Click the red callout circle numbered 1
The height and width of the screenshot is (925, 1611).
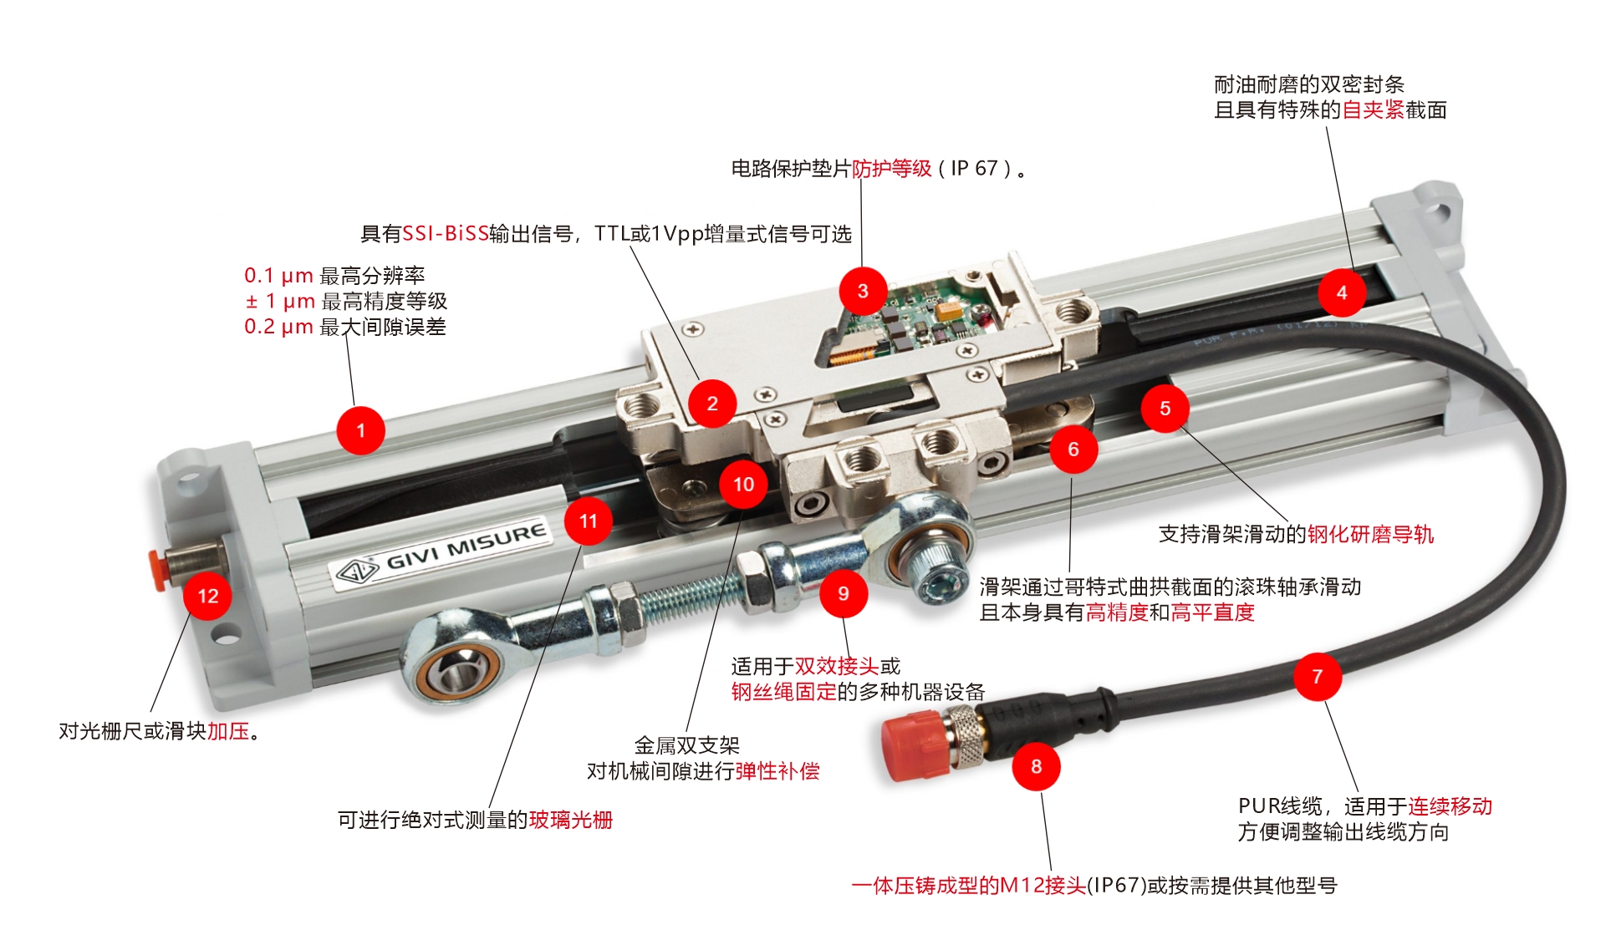[360, 430]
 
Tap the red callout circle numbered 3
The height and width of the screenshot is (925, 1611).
[863, 291]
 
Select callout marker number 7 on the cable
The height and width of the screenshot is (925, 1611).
[1318, 676]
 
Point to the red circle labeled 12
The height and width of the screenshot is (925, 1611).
[207, 596]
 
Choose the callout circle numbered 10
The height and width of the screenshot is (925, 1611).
[743, 484]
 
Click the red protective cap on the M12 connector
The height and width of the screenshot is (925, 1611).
[915, 745]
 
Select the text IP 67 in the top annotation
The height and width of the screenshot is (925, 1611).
[974, 168]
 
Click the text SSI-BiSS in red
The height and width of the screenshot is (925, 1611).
[446, 233]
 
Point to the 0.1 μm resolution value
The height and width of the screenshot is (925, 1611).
[278, 275]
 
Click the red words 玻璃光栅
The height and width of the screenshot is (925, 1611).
[571, 820]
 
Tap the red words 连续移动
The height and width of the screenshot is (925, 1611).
[1450, 806]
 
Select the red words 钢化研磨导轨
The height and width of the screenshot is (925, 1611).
[1371, 534]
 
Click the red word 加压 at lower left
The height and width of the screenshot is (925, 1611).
[228, 731]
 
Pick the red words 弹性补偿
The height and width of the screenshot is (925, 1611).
[777, 770]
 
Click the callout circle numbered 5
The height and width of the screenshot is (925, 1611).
[1165, 408]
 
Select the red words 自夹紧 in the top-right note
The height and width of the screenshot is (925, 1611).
[1374, 109]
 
